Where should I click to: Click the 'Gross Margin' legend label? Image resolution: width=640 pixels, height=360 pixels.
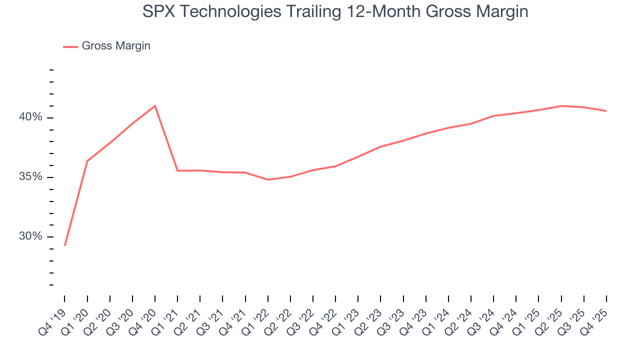116,46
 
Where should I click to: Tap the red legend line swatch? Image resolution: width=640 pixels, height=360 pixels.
70,46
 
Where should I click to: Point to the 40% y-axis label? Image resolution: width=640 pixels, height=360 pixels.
30,117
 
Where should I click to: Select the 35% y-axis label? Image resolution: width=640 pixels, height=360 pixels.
30,177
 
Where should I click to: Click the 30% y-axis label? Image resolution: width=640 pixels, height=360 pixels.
30,236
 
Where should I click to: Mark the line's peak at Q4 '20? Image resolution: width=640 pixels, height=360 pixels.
155,106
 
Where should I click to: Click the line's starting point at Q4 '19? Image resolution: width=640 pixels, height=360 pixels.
65,245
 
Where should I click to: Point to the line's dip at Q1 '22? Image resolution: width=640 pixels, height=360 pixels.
268,179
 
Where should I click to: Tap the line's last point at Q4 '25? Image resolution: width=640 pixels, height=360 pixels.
606,111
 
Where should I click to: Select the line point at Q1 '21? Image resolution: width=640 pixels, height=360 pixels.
177,170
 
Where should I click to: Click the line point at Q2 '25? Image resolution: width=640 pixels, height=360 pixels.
561,106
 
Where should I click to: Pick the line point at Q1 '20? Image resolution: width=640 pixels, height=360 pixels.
87,161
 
